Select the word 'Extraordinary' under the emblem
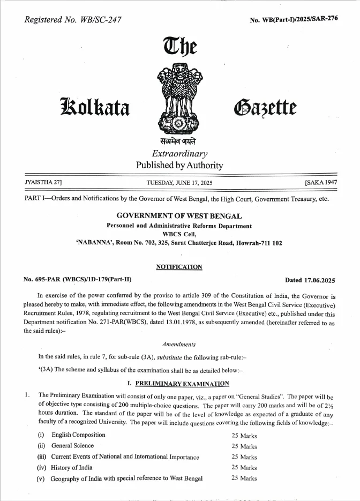pyautogui.click(x=179, y=153)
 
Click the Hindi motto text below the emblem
pyautogui.click(x=179, y=141)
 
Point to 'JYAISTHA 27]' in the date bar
pyautogui.click(x=43, y=183)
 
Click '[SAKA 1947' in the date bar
pyautogui.click(x=321, y=183)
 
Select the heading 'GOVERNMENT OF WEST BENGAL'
pyautogui.click(x=179, y=216)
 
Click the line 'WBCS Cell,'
pyautogui.click(x=179, y=234)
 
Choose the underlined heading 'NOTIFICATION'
pyautogui.click(x=179, y=267)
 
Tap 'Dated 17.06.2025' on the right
pyautogui.click(x=310, y=280)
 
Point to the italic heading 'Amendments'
pyautogui.click(x=179, y=344)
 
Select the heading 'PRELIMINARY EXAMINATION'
pyautogui.click(x=182, y=383)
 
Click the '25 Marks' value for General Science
pyautogui.click(x=244, y=446)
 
